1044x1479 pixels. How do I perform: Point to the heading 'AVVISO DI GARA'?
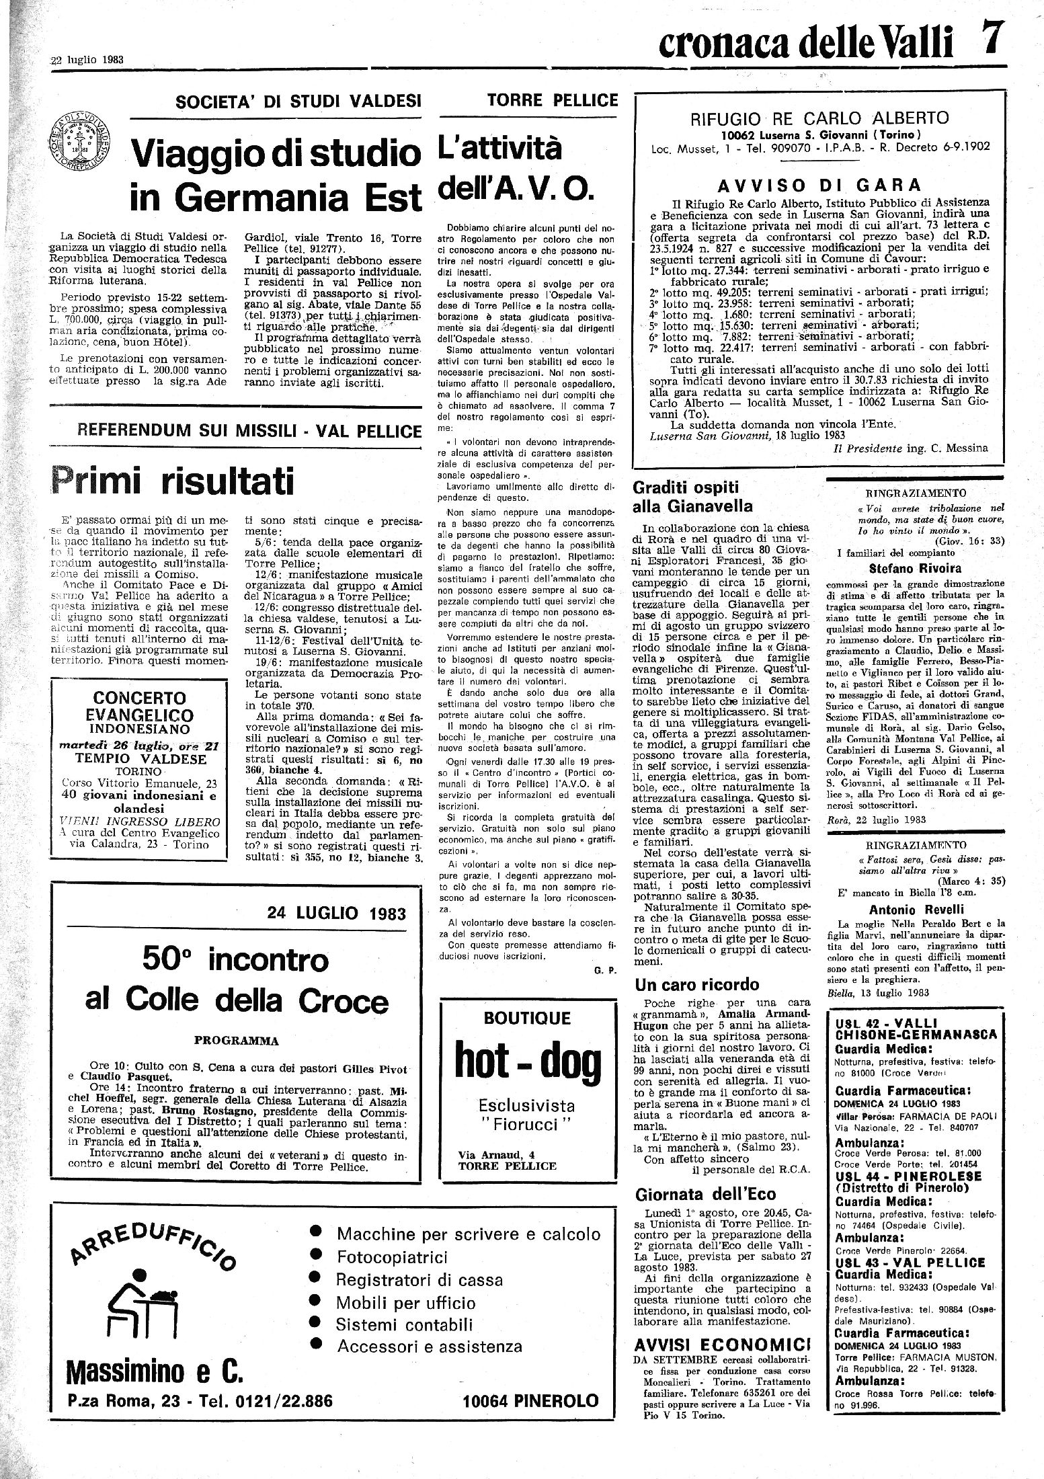click(819, 185)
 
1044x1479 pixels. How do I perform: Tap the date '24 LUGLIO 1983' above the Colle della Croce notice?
click(336, 913)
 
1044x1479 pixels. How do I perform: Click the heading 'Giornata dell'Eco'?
click(705, 1194)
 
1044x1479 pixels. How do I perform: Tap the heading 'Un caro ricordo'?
click(696, 985)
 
